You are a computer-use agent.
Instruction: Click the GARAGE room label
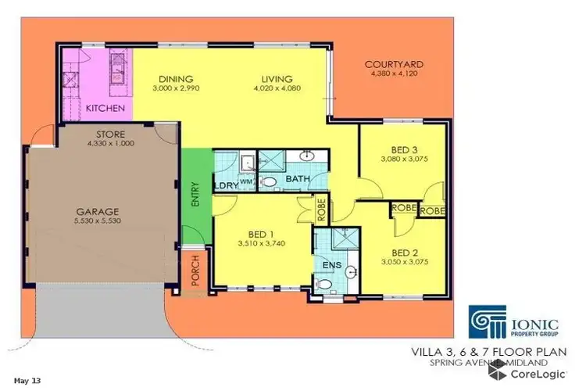coord(97,211)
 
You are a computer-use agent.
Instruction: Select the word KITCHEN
coord(105,107)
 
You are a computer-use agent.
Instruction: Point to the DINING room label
coord(176,79)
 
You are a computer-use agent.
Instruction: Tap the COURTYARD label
coord(392,65)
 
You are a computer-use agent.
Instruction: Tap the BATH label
coord(298,179)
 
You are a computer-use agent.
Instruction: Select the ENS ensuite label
coord(330,266)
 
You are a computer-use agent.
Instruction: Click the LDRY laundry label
coord(225,185)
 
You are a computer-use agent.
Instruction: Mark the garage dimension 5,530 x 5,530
coord(97,222)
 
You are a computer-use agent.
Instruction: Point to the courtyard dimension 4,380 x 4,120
coord(392,74)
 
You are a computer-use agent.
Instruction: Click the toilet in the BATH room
coord(269,181)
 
